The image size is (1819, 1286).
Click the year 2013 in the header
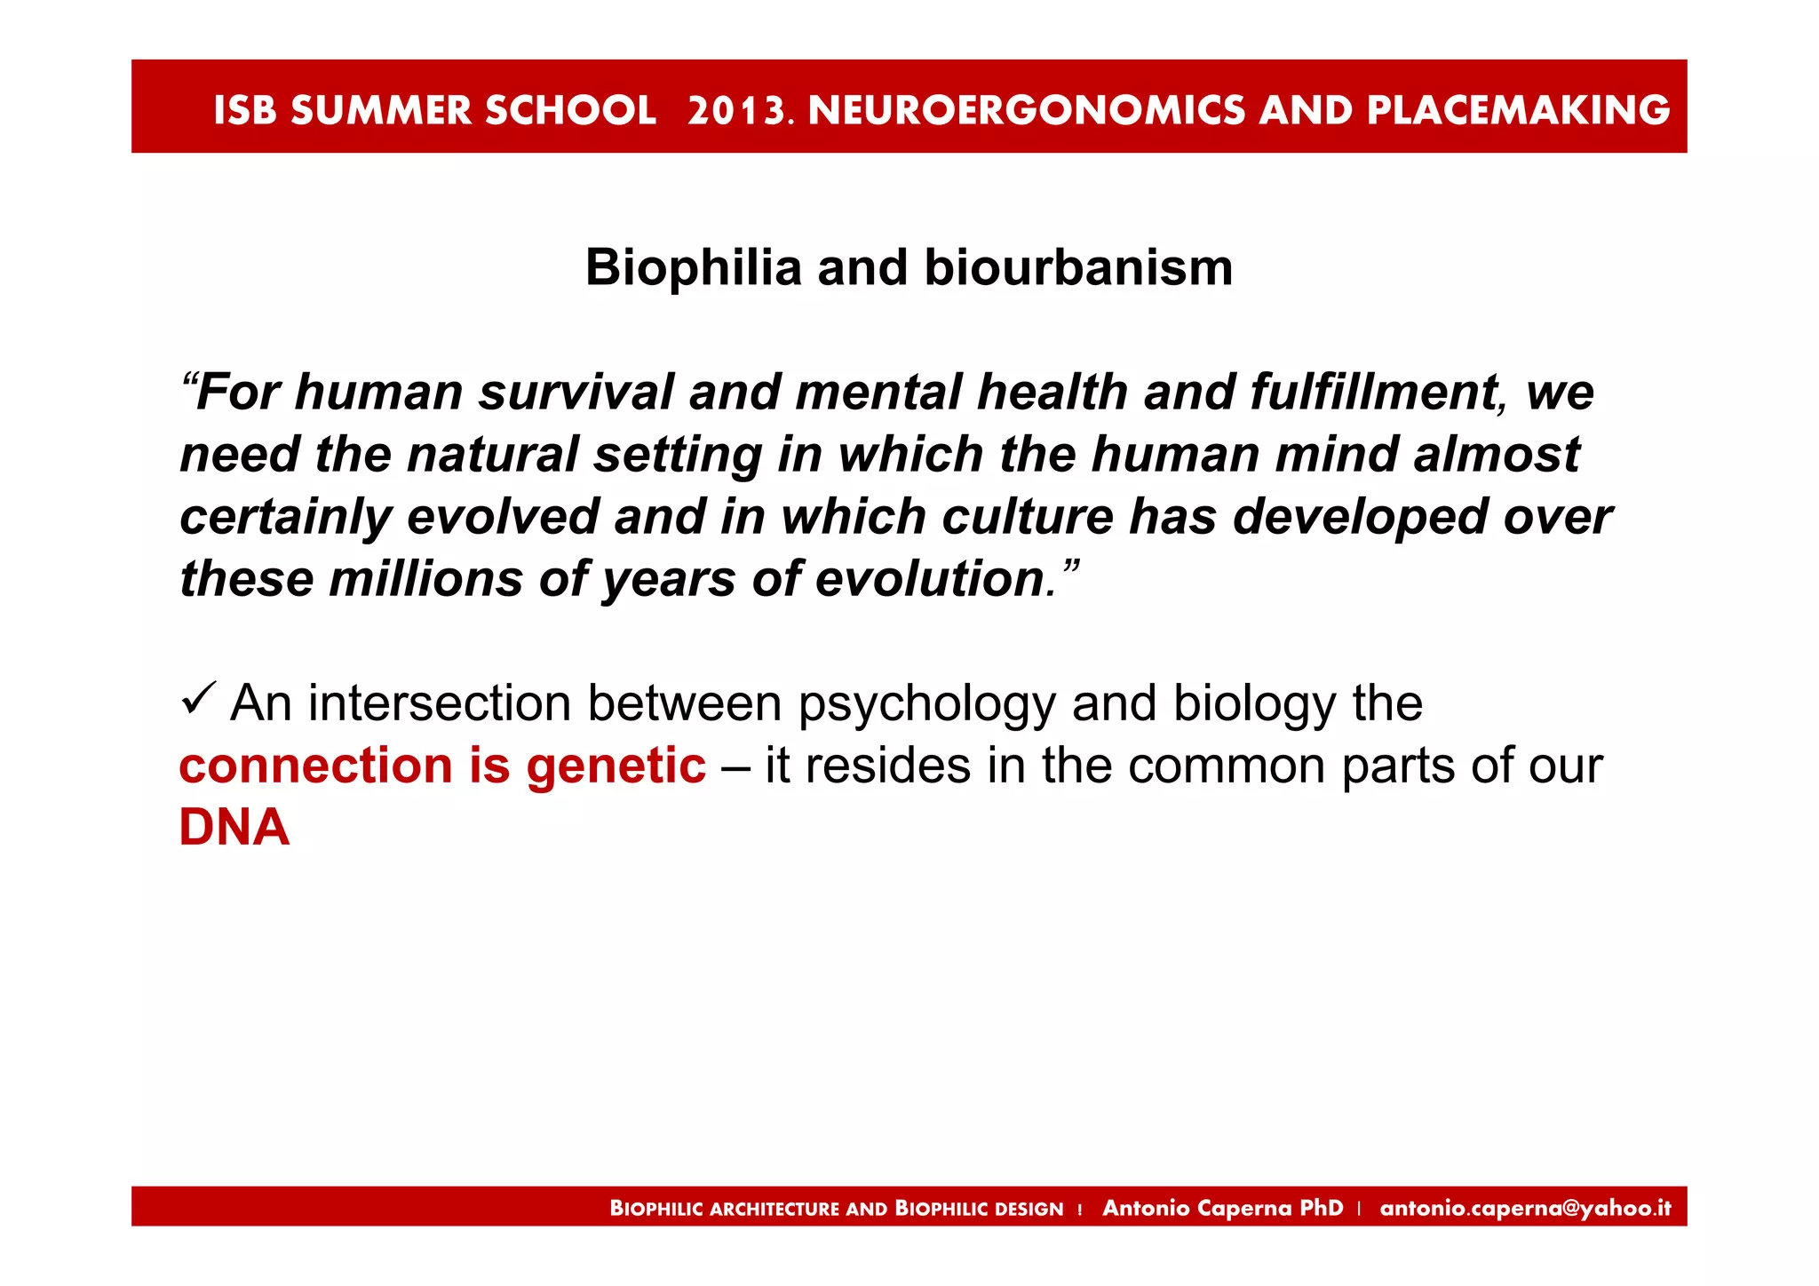click(737, 110)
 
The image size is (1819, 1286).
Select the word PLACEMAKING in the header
click(1518, 110)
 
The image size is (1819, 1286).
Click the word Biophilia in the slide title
click(693, 267)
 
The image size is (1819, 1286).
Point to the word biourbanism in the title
click(1078, 267)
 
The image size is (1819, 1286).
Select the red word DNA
click(234, 828)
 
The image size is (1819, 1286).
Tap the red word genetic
click(616, 766)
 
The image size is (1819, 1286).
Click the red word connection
click(315, 766)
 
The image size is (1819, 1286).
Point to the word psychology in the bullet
click(926, 704)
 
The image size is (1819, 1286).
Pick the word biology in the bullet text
click(1254, 704)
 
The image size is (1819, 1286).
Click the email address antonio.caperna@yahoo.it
click(1525, 1208)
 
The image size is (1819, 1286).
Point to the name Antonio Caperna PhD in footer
click(1222, 1208)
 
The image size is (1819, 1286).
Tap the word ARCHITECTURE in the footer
click(774, 1209)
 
